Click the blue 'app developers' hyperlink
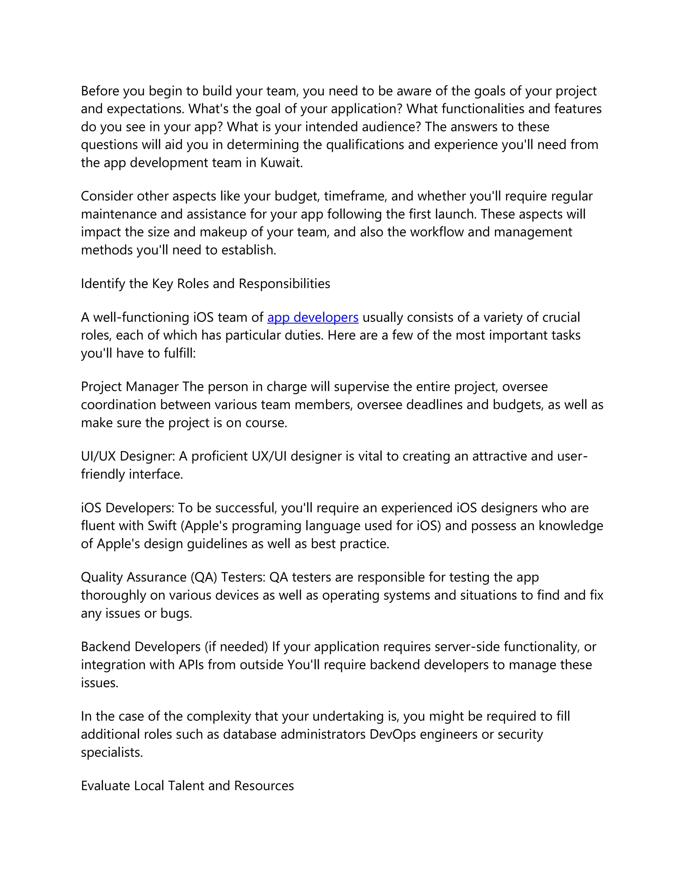click(313, 317)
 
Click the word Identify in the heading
click(103, 284)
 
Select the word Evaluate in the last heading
click(105, 786)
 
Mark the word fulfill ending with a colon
click(179, 353)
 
